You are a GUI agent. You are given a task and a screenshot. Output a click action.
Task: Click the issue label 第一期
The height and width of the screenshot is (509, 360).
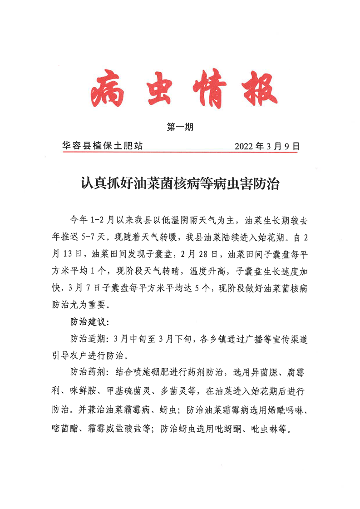pyautogui.click(x=180, y=128)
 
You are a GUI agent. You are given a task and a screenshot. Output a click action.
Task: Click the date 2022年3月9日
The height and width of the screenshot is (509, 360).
pyautogui.click(x=267, y=146)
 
